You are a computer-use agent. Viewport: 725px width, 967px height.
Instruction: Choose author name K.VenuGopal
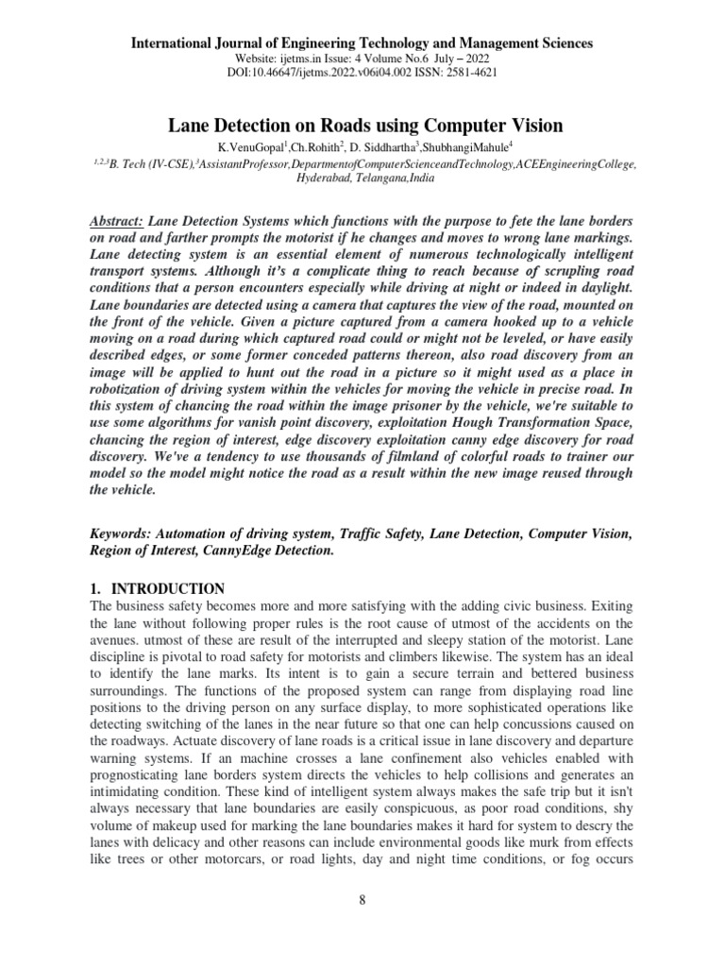[x=250, y=148]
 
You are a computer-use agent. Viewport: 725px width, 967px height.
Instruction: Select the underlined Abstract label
[x=116, y=218]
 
